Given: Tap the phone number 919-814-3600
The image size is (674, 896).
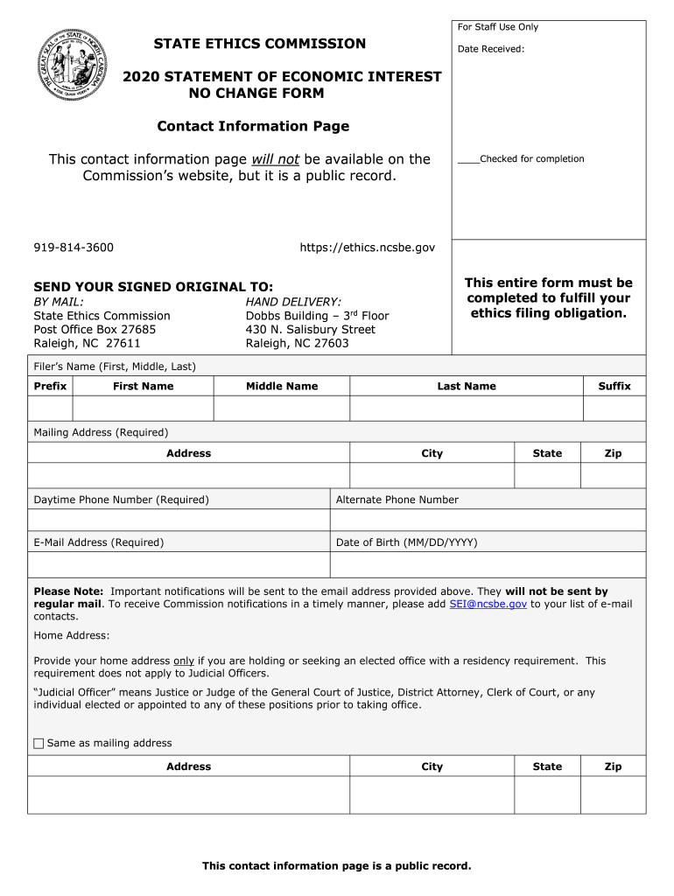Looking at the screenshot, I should pos(74,248).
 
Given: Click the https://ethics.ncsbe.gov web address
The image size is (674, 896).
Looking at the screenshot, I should pos(367,248).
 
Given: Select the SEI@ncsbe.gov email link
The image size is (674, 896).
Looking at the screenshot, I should pos(488,604).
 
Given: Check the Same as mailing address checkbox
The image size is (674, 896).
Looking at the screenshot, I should pos(39,744).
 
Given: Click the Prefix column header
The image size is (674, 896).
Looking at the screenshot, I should pos(50,386).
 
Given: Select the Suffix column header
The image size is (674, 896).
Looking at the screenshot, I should pos(614,386).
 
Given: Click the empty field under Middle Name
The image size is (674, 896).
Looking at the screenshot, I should pos(282,409).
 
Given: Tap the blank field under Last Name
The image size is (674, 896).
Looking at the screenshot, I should pos(467,409).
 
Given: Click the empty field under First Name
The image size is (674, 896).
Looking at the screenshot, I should pos(143,409).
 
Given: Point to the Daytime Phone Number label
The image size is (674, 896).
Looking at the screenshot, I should pos(121,500).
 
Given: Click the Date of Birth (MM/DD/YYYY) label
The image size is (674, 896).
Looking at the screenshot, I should pos(407,542).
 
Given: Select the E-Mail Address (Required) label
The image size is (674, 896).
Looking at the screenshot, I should pos(98,542).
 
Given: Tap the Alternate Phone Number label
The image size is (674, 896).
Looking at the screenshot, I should pos(397,500).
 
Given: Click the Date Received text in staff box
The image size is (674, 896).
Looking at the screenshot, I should pos(491,49).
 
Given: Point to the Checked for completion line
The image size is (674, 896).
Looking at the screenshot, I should pos(521,159).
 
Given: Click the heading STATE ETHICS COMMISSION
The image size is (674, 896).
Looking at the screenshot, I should pos(260,44).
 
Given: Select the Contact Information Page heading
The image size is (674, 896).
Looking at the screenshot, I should pos(253,126).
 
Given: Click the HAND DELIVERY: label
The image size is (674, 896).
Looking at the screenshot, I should pos(293,302).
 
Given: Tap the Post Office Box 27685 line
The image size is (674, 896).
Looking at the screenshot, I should pos(95,329).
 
